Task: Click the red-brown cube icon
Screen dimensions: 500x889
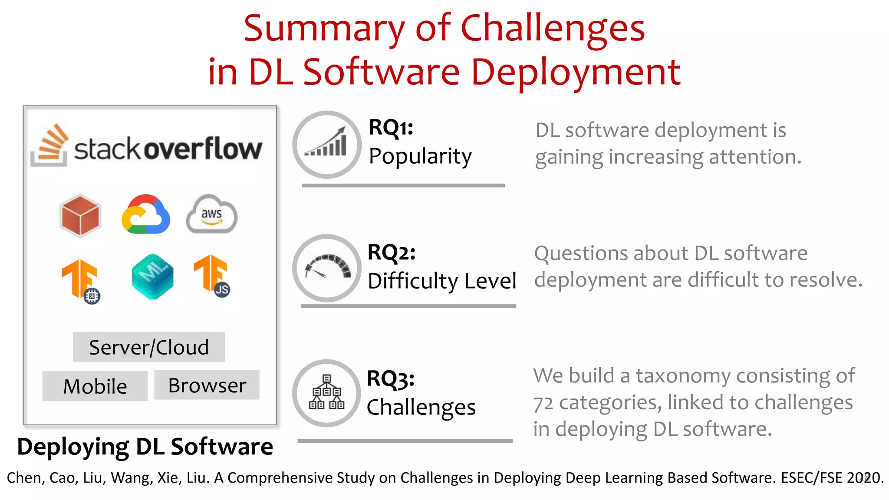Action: click(x=80, y=216)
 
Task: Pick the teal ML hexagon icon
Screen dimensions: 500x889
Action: click(x=152, y=276)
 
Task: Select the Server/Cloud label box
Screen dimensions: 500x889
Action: click(x=149, y=347)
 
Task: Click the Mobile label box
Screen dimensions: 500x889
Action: click(x=95, y=386)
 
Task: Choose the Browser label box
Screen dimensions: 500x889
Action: click(x=207, y=385)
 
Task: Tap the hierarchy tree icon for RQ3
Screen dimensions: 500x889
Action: click(x=326, y=392)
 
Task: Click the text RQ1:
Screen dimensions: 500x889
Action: click(x=391, y=128)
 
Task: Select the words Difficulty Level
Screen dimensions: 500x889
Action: click(x=441, y=281)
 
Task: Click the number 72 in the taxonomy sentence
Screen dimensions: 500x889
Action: click(x=543, y=403)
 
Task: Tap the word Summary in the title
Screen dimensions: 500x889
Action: click(x=324, y=29)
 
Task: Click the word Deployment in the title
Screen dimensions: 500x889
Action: click(x=576, y=72)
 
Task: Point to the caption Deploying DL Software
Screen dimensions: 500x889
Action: click(x=145, y=446)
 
